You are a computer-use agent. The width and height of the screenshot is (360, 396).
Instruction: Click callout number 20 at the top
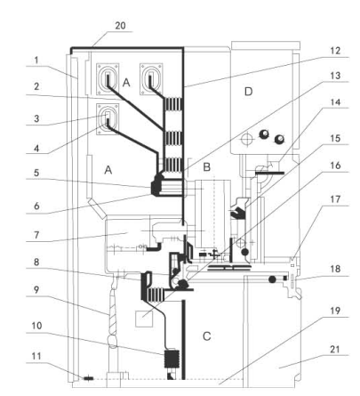click(120, 26)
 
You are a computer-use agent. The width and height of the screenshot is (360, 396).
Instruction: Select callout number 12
click(335, 51)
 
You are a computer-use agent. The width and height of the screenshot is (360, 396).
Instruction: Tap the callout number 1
click(36, 61)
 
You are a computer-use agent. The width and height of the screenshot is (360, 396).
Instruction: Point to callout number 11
click(36, 356)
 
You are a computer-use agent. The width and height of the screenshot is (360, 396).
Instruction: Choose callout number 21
click(335, 349)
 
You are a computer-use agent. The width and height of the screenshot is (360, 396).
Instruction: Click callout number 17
click(335, 199)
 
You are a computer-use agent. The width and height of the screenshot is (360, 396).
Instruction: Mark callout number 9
click(36, 289)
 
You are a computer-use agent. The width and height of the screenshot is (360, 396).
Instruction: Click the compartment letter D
click(248, 92)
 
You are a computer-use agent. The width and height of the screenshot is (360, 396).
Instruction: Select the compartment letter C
click(206, 336)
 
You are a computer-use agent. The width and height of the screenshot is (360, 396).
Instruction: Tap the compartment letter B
click(206, 167)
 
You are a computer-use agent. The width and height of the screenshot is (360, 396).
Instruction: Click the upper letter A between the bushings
click(126, 83)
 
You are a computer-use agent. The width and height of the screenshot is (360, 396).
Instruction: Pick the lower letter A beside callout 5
click(108, 170)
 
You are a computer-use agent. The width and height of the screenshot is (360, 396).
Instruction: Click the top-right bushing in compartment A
click(151, 79)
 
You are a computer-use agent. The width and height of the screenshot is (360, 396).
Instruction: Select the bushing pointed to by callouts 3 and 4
click(108, 119)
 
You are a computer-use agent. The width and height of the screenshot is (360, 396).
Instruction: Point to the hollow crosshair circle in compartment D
click(246, 139)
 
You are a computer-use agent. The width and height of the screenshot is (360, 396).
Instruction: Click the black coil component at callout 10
click(172, 360)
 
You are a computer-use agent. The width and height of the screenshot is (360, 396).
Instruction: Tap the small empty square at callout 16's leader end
click(144, 319)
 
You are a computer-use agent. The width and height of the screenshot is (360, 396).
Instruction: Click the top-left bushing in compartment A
click(108, 79)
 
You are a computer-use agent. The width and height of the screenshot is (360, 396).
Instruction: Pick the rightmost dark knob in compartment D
click(279, 139)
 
